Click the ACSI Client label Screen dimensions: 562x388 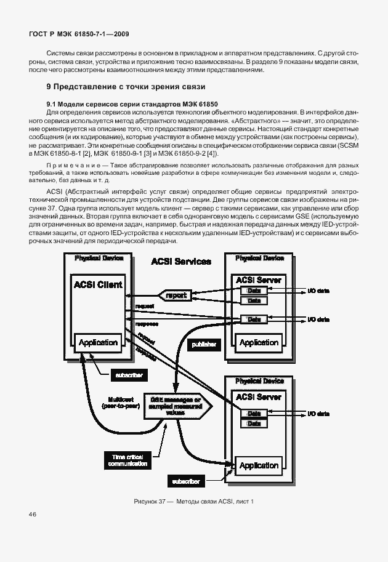click(99, 284)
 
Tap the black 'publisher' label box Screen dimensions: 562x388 click(204, 345)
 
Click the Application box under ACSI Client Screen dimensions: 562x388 click(99, 342)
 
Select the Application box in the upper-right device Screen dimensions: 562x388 click(259, 342)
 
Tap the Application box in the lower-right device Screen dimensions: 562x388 click(259, 465)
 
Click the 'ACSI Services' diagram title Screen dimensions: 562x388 click(181, 262)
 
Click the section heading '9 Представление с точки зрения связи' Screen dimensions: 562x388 click(126, 87)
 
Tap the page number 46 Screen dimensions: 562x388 click(33, 514)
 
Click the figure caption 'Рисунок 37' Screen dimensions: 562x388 click(193, 502)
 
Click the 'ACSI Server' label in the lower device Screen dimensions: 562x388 click(259, 396)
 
